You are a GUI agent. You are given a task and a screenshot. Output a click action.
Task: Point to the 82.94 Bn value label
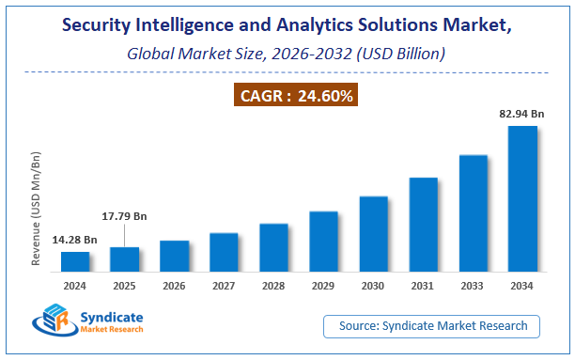point(522,114)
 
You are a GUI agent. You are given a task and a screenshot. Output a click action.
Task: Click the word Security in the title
point(101,25)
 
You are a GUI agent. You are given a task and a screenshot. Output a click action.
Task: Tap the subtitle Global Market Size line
point(287,54)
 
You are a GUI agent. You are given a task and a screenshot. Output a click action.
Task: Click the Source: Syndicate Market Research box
point(439,326)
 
